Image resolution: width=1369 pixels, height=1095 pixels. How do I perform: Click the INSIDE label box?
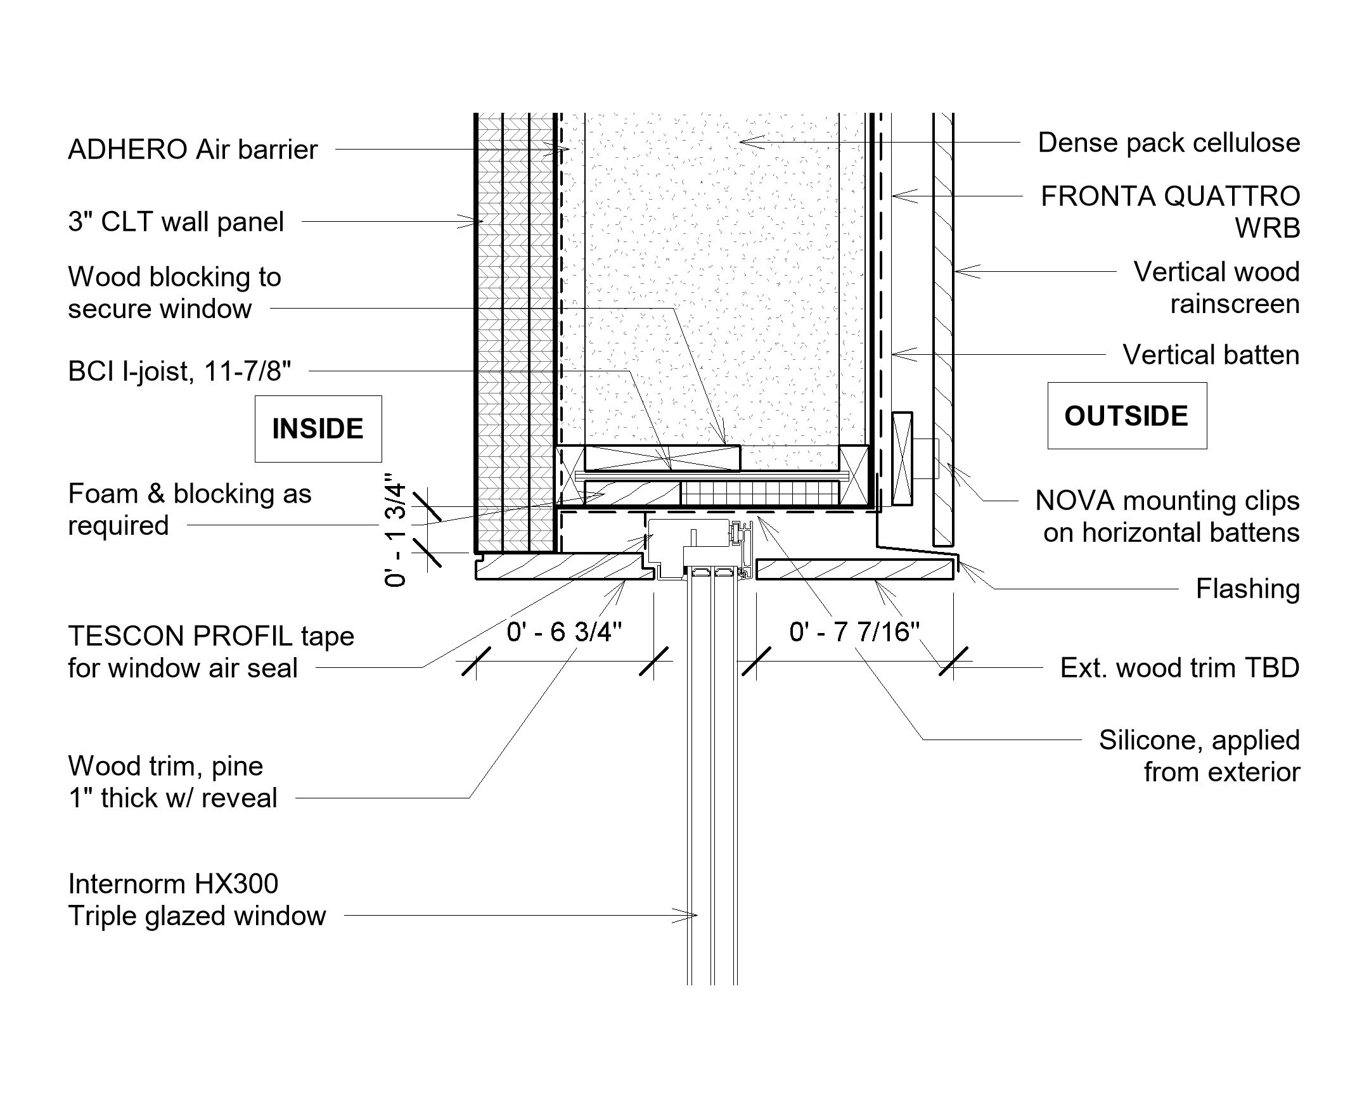[318, 429]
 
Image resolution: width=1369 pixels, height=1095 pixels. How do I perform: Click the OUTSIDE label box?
[1126, 416]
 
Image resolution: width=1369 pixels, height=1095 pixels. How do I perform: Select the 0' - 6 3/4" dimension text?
[564, 632]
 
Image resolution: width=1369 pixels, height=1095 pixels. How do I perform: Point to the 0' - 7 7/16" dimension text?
[854, 632]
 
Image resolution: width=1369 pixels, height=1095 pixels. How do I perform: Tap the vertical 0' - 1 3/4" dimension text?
[395, 534]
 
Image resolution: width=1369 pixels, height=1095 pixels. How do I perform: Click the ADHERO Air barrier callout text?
[193, 150]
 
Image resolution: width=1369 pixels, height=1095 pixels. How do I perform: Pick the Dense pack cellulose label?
[1168, 143]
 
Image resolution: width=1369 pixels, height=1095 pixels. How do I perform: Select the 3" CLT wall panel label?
[176, 222]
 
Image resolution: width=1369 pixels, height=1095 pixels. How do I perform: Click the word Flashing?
[1247, 589]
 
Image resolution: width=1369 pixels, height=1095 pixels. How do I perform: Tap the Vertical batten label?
[1211, 355]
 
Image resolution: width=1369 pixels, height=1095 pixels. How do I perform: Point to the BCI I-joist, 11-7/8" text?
[180, 371]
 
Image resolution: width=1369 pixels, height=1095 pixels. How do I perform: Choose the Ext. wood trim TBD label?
[1179, 668]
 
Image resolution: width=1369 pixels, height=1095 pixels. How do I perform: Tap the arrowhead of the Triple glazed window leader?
[695, 916]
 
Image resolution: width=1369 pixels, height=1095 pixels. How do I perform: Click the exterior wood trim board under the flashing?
[854, 570]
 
